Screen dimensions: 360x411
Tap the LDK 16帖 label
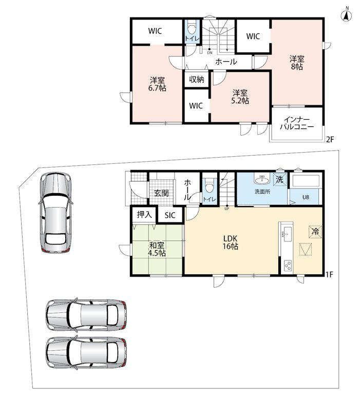point(230,242)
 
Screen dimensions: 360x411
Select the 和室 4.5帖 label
point(157,249)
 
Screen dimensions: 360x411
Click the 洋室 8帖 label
point(297,63)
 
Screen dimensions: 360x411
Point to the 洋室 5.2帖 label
point(240,97)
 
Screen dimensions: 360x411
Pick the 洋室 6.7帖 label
point(157,84)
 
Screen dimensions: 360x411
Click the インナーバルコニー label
point(297,123)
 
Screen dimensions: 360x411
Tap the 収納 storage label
point(197,80)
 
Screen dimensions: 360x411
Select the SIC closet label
point(170,215)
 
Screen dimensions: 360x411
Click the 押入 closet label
point(144,215)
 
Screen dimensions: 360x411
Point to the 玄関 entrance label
point(161,193)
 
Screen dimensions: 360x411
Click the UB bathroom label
point(306,197)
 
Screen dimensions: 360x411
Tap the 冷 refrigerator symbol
point(315,232)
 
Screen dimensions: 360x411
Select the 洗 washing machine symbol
point(280,179)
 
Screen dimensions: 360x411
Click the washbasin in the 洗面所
point(262,180)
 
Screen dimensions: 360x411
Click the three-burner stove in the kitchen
point(288,265)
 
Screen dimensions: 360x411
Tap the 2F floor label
point(330,139)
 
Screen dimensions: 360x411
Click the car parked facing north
point(55,212)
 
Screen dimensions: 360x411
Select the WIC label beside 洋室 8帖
point(253,36)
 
